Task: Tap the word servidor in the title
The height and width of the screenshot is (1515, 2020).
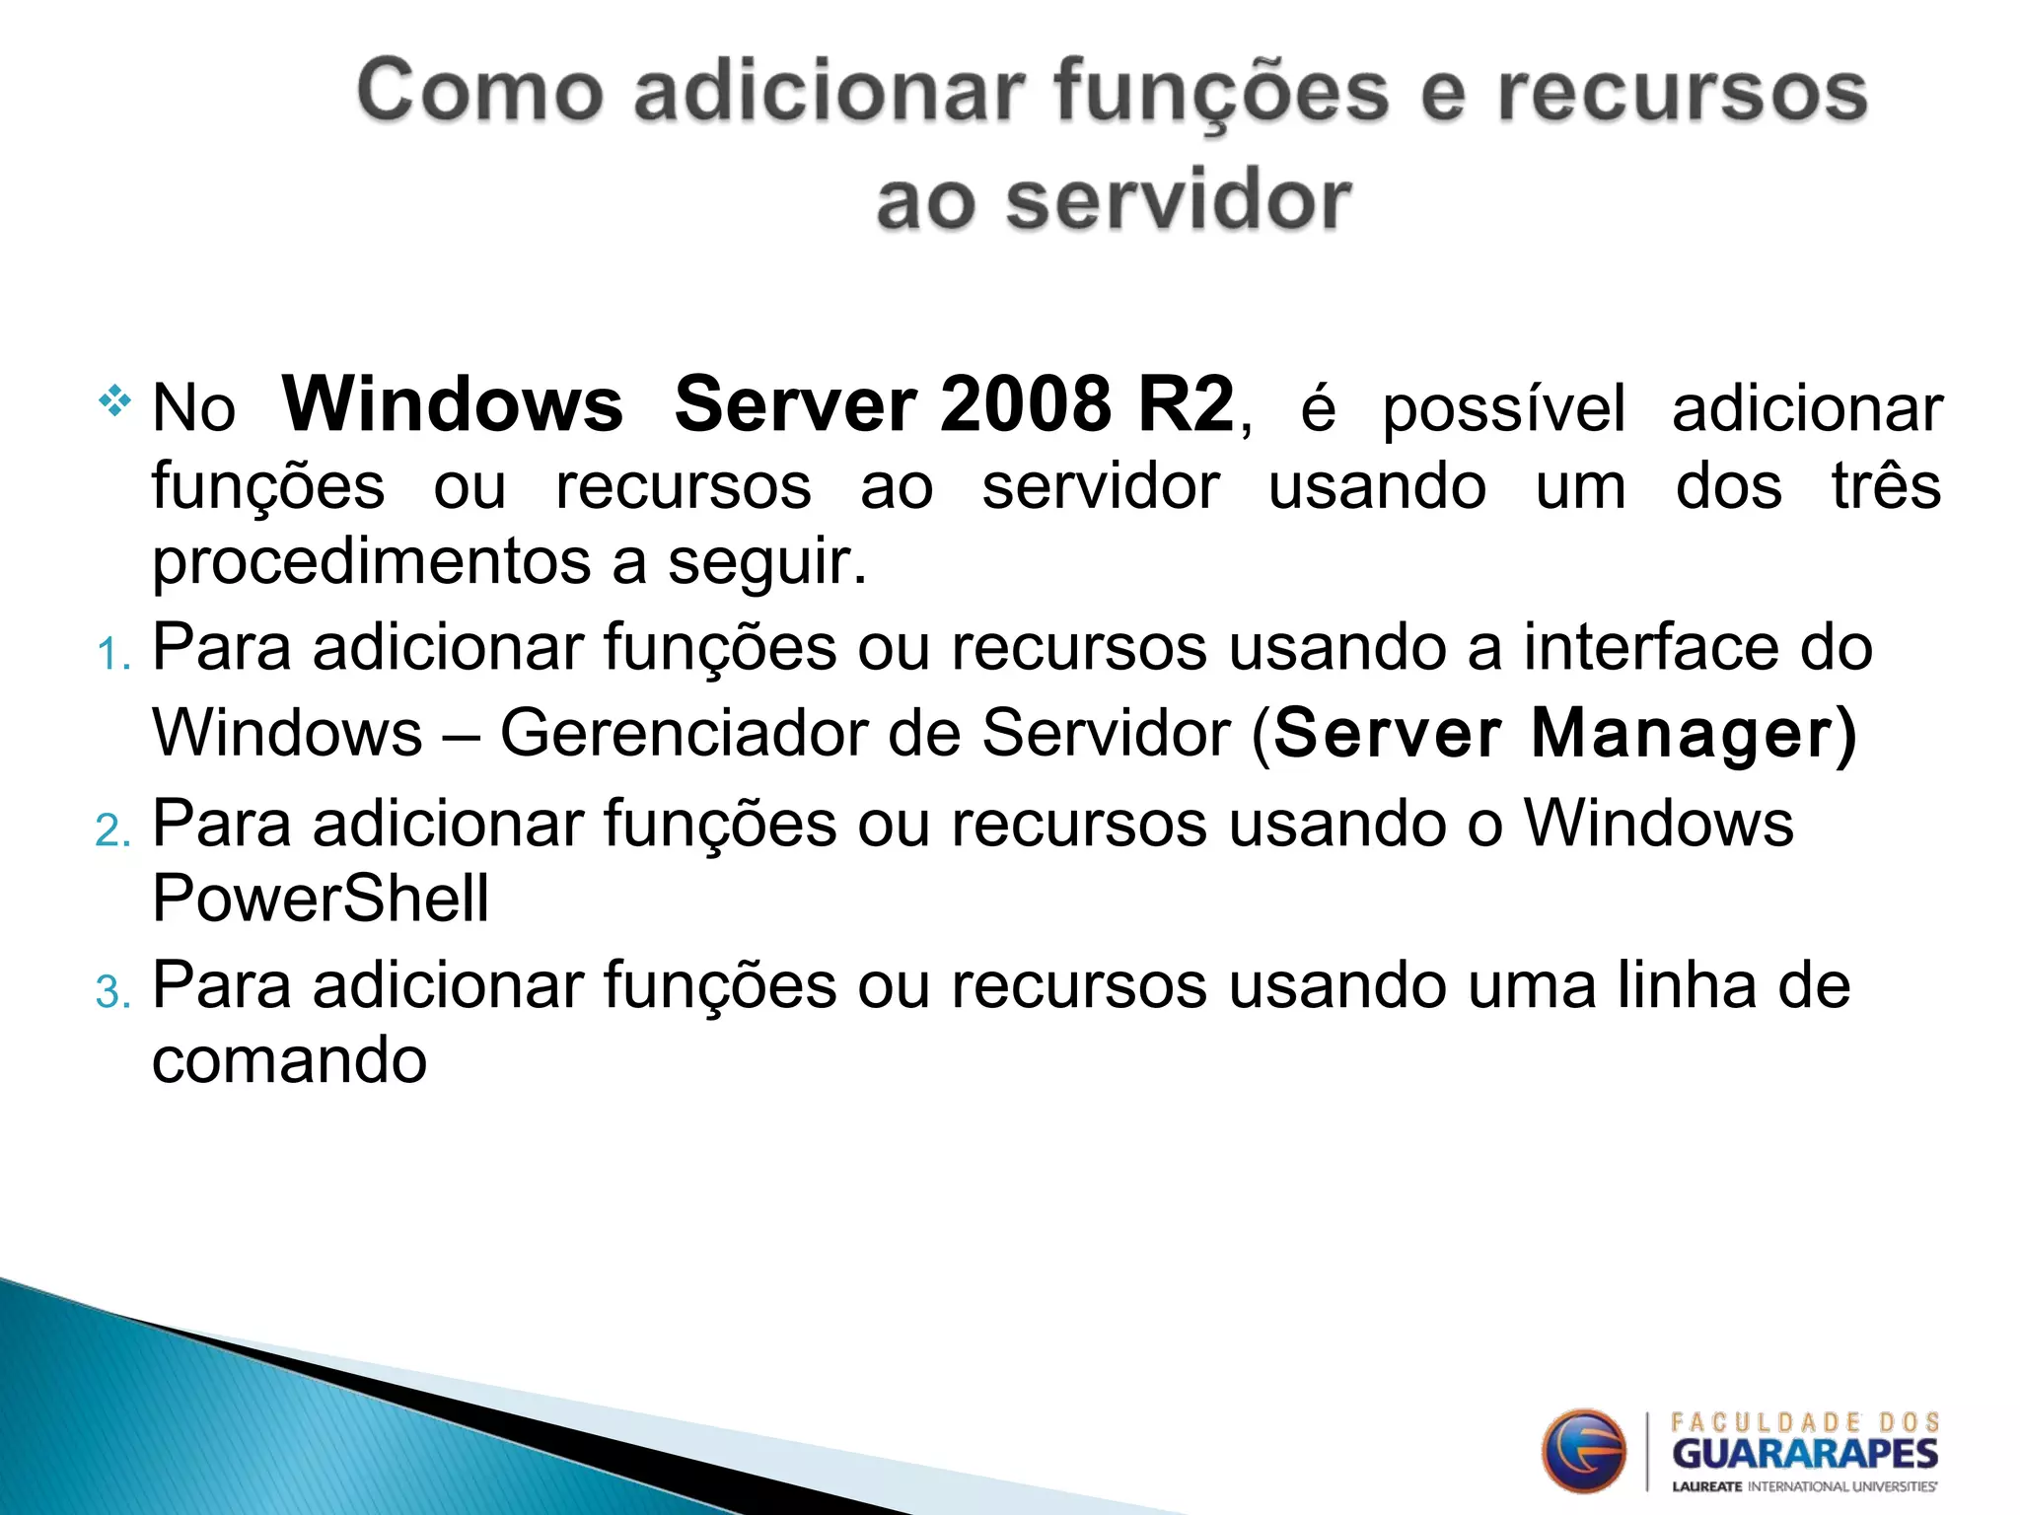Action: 1178,201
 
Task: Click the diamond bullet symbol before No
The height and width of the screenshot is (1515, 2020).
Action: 114,400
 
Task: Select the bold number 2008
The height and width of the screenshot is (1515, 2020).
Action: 1026,404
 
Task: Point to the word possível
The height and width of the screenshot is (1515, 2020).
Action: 1503,408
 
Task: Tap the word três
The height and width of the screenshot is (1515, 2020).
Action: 1886,485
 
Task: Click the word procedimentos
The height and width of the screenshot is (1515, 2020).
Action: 371,562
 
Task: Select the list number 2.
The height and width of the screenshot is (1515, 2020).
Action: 112,830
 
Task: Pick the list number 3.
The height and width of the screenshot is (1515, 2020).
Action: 112,992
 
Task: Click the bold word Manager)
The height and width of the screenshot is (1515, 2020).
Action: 1693,734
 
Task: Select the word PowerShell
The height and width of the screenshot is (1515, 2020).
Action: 321,899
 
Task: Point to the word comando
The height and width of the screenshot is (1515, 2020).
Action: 289,1061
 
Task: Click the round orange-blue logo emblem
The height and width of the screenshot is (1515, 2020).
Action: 1584,1451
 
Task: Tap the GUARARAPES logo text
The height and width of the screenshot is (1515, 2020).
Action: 1805,1454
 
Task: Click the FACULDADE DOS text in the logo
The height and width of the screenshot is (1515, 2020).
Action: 1805,1422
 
